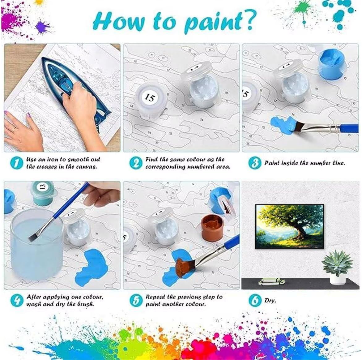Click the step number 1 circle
pos(17,163)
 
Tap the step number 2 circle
pos(136,163)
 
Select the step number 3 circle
pos(255,163)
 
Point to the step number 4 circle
pos(17,300)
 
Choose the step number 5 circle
pos(136,300)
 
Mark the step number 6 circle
pos(255,300)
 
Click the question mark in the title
pos(249,20)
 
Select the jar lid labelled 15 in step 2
pos(151,99)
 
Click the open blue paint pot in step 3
pos(332,65)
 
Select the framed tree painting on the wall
pos(290,226)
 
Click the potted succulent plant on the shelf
pos(337,267)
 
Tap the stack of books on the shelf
pos(271,281)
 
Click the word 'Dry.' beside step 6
pos(270,301)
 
